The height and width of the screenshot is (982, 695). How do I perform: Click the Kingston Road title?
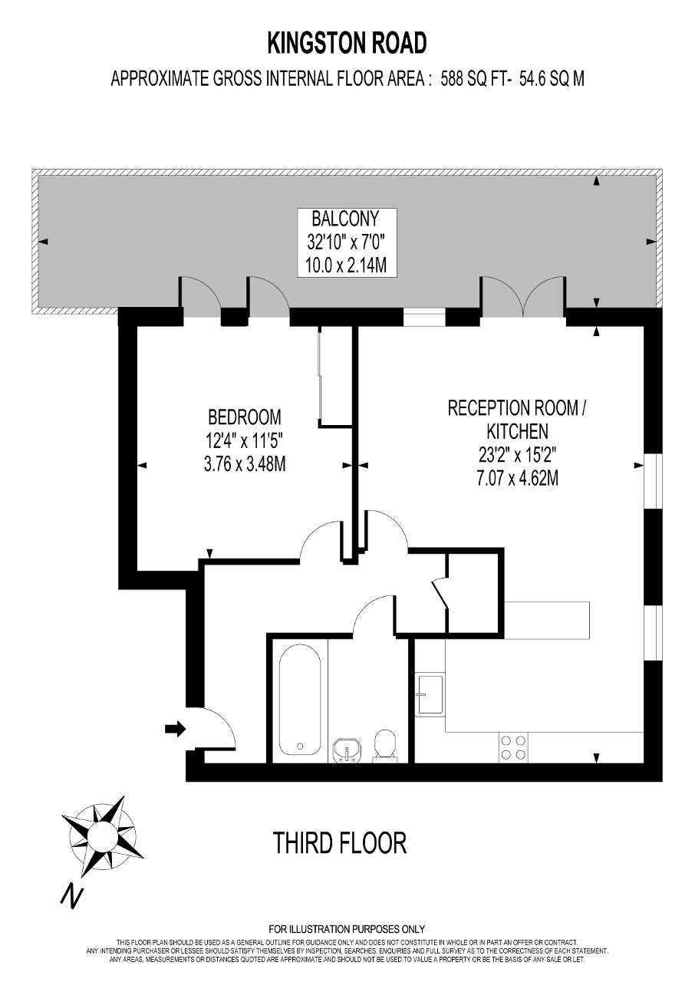click(347, 44)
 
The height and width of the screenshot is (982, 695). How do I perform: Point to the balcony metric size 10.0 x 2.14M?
click(346, 265)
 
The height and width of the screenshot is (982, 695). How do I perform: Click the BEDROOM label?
click(245, 417)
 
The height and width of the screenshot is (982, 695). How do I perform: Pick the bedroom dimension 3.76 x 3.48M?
click(245, 464)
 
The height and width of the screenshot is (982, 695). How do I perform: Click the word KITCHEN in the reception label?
click(518, 431)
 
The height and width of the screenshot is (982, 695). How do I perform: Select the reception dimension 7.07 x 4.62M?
click(518, 478)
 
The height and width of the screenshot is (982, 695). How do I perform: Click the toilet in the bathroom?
click(385, 743)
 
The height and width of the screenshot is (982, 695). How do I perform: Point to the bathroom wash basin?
click(347, 750)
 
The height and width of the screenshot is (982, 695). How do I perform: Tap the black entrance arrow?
click(175, 730)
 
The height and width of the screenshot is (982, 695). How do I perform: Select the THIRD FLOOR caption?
click(340, 842)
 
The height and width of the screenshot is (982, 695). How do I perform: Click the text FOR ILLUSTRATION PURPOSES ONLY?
click(347, 928)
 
